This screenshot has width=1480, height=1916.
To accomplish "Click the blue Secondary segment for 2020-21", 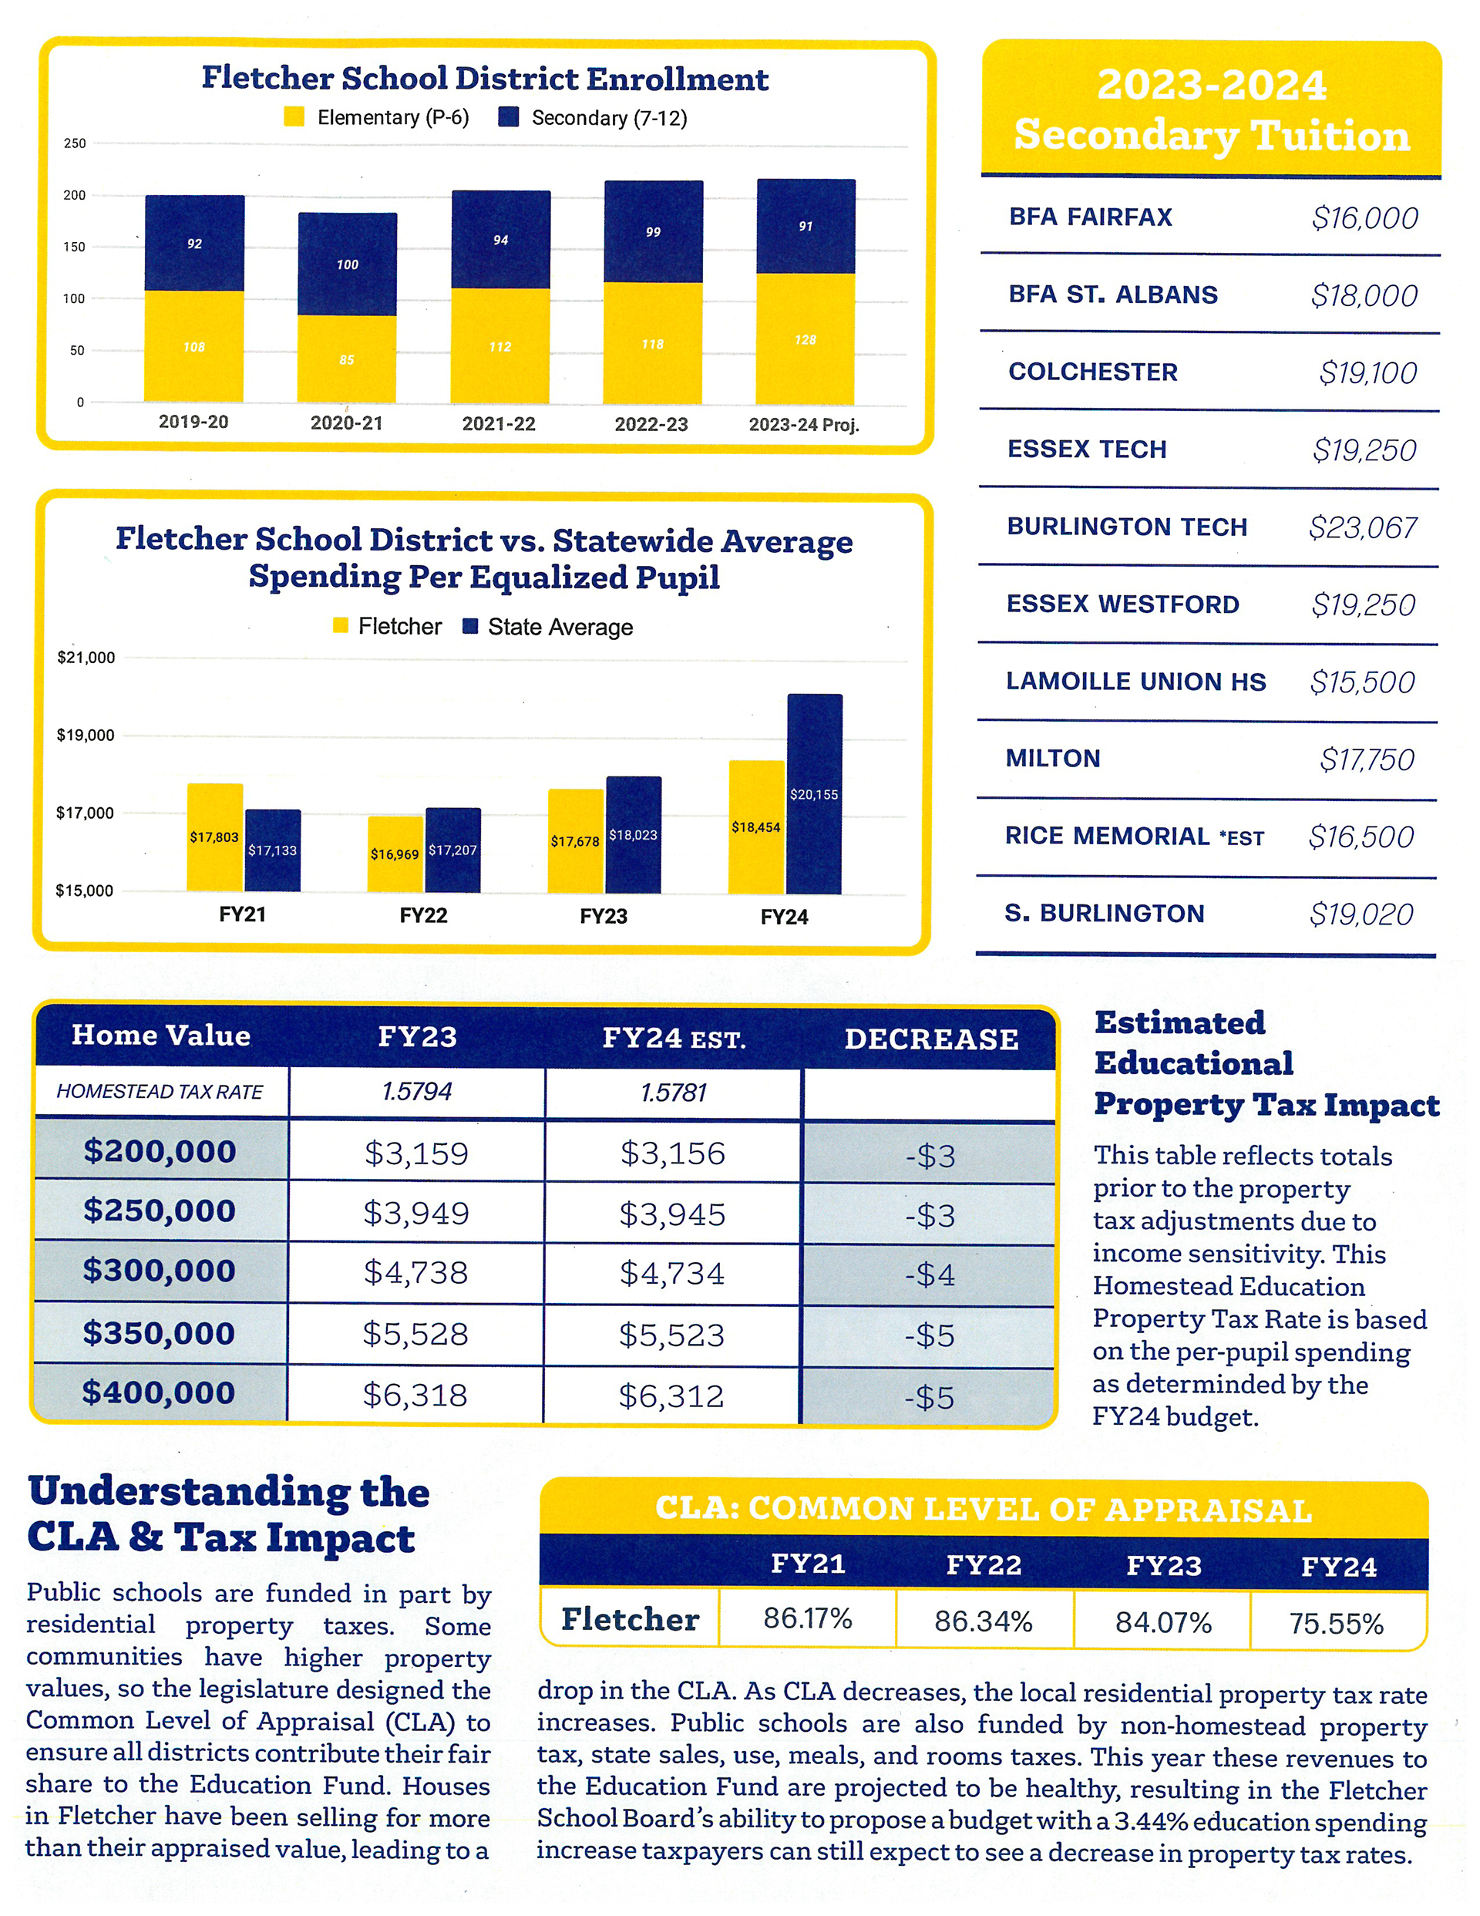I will [348, 263].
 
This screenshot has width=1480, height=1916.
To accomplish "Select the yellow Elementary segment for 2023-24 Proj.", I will [806, 338].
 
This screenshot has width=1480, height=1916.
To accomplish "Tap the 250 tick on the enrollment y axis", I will [76, 143].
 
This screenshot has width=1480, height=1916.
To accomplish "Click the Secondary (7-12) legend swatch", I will [508, 117].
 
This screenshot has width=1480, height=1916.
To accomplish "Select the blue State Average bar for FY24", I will [814, 794].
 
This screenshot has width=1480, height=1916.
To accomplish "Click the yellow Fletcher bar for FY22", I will [395, 854].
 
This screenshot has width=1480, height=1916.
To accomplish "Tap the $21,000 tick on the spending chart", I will [86, 658].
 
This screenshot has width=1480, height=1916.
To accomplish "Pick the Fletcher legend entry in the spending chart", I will [387, 626].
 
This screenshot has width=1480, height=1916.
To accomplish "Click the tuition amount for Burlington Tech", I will [1362, 527].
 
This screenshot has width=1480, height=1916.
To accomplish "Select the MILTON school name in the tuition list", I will [1053, 758].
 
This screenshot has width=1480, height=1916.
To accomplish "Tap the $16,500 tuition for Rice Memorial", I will [1361, 837].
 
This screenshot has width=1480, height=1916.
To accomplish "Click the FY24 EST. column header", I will [674, 1039].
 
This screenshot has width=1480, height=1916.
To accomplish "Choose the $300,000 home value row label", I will [160, 1271].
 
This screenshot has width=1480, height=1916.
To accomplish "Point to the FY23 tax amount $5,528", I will [415, 1333].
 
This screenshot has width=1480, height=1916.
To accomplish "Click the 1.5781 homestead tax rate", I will [673, 1093].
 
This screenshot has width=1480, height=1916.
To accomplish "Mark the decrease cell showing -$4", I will [930, 1274].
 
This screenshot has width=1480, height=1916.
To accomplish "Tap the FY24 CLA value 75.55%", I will [1336, 1623].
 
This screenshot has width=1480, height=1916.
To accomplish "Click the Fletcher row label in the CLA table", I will [630, 1619].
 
